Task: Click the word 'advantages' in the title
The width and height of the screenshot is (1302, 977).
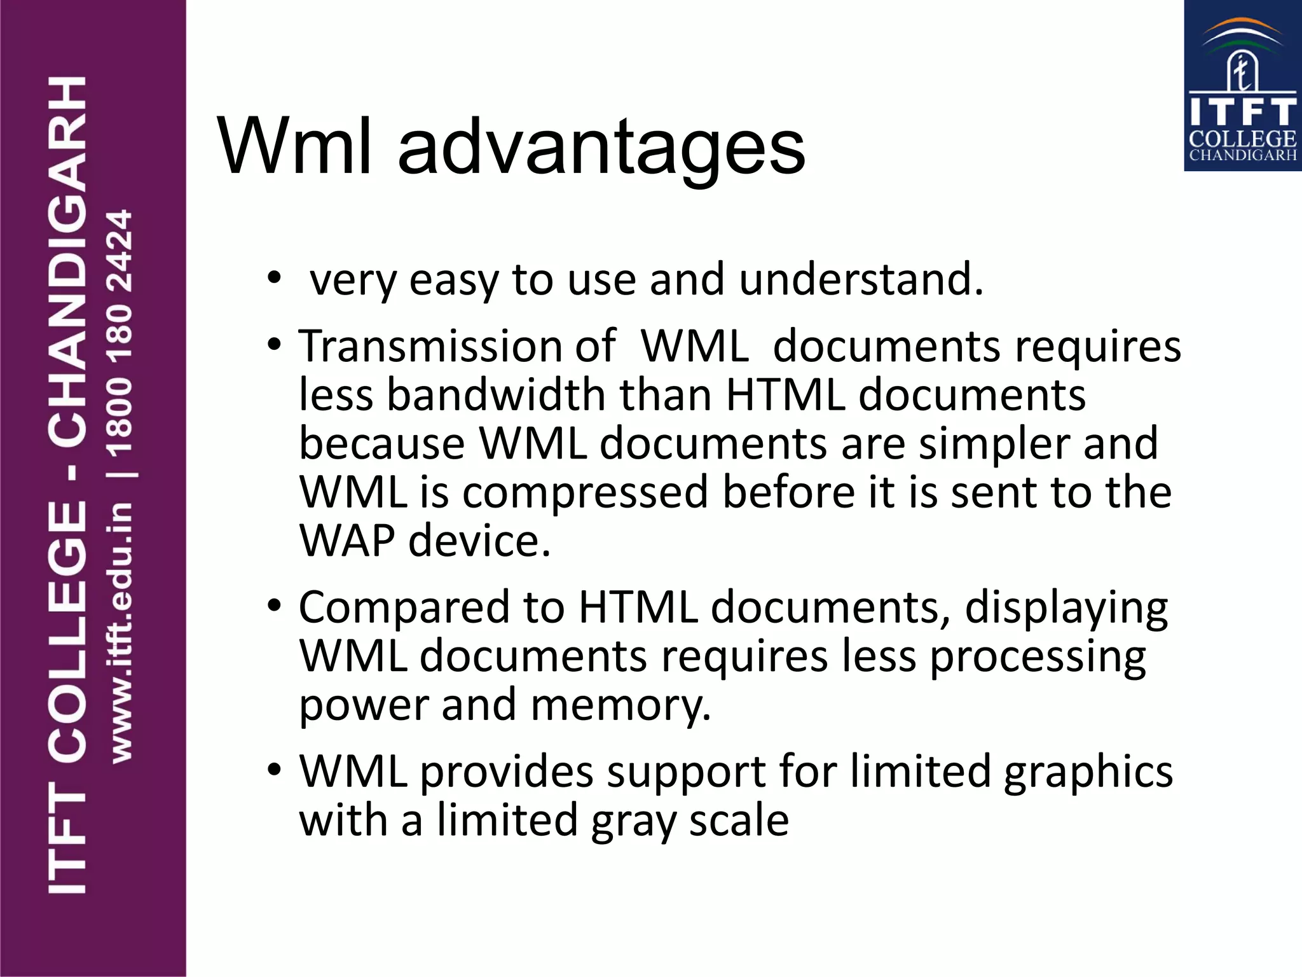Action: pyautogui.click(x=601, y=148)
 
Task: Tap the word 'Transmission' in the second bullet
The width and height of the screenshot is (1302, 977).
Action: pyautogui.click(x=430, y=347)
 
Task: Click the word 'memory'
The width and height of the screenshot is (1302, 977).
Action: pyautogui.click(x=620, y=706)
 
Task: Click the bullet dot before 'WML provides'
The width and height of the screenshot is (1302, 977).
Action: pyautogui.click(x=274, y=770)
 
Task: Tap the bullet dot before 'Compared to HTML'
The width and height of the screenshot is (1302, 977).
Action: pyautogui.click(x=274, y=606)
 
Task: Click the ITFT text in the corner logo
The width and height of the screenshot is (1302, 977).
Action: pyautogui.click(x=1242, y=112)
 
